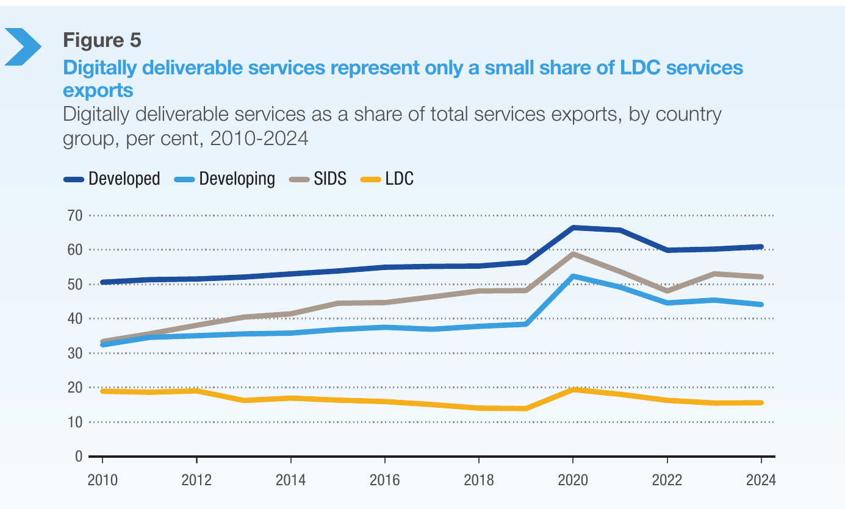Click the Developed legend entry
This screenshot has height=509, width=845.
tap(112, 179)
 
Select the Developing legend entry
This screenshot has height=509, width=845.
tap(225, 179)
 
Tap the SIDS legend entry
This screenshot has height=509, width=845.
tap(318, 179)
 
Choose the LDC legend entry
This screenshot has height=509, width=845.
tap(387, 179)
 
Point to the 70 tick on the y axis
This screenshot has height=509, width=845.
tap(74, 216)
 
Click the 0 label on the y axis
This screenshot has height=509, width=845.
tap(79, 456)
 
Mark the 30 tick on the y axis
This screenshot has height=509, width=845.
tap(74, 354)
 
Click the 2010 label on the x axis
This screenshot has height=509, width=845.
tap(102, 480)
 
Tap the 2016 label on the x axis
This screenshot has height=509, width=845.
tap(385, 480)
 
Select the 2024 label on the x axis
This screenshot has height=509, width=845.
tap(761, 480)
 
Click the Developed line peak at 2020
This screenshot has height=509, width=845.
tap(573, 228)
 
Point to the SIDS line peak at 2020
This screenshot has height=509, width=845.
tap(573, 254)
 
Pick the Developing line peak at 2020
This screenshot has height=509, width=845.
tap(573, 276)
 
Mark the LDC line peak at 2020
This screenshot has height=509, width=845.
tap(573, 389)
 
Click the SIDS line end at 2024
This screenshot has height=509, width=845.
tap(761, 277)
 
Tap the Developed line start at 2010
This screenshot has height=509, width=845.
tap(102, 282)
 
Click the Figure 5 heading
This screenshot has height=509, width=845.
tap(102, 40)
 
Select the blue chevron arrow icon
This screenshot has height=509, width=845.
tap(23, 47)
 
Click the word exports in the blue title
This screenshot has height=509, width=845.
tap(98, 90)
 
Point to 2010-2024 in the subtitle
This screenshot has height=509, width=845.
tap(259, 138)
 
